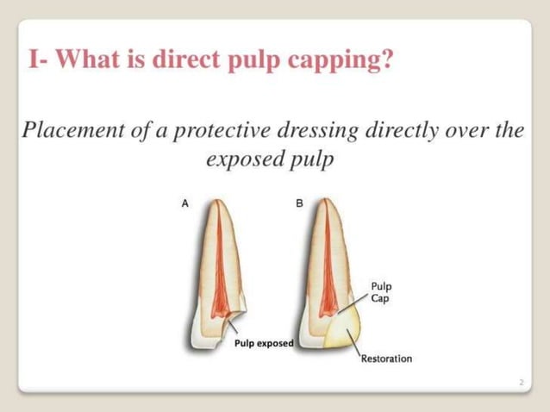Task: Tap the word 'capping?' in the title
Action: (343, 65)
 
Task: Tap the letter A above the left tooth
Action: (184, 204)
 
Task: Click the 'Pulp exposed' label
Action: (264, 343)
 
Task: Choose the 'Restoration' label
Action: (386, 358)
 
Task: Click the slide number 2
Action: (522, 380)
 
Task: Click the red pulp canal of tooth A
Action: (220, 276)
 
